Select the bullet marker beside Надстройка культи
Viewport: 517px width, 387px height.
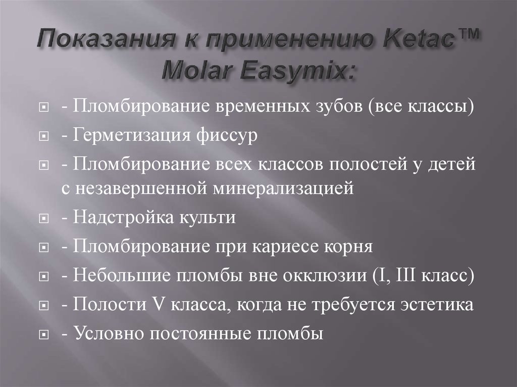click(45, 219)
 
